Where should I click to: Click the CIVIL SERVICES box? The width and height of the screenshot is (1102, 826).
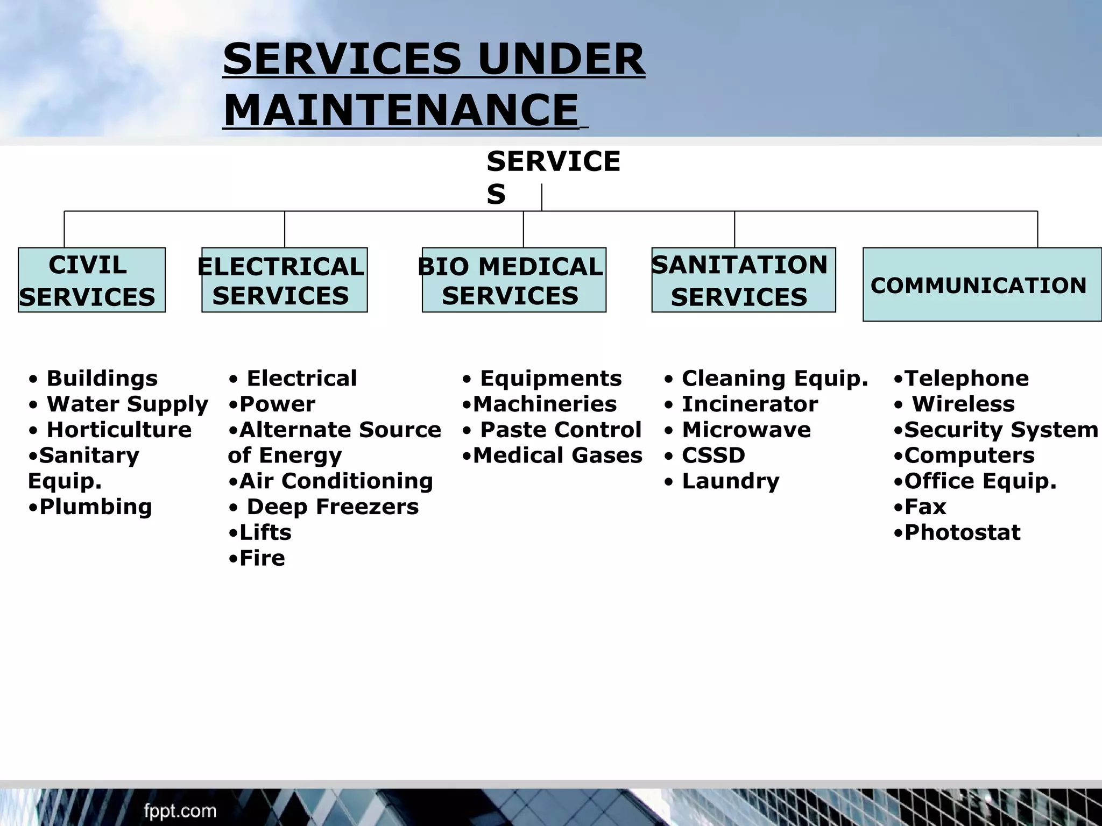pyautogui.click(x=91, y=280)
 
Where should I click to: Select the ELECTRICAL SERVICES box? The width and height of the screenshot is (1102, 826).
pyautogui.click(x=284, y=280)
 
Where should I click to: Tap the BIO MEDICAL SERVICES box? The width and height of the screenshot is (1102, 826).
pyautogui.click(x=514, y=280)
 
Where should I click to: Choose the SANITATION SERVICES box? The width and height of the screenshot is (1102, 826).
pyautogui.click(x=743, y=280)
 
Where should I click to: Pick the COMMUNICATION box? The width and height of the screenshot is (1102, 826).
pyautogui.click(x=981, y=285)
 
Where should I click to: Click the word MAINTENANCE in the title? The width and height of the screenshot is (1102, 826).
pyautogui.click(x=401, y=110)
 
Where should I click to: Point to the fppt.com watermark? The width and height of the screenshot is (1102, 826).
pyautogui.click(x=180, y=810)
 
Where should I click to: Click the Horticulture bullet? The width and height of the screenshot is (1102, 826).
pyautogui.click(x=118, y=430)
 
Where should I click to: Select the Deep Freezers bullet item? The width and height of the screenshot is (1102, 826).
pyautogui.click(x=332, y=507)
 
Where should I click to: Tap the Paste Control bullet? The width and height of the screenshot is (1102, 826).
pyautogui.click(x=560, y=430)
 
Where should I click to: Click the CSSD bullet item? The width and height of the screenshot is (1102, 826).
pyautogui.click(x=713, y=455)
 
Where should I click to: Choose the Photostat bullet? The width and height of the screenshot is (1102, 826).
pyautogui.click(x=962, y=532)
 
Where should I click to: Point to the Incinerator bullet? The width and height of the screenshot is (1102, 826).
pyautogui.click(x=749, y=404)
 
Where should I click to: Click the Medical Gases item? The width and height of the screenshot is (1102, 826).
pyautogui.click(x=557, y=455)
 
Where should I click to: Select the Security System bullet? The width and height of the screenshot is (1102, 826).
pyautogui.click(x=1000, y=430)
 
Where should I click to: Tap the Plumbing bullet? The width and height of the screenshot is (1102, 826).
pyautogui.click(x=95, y=507)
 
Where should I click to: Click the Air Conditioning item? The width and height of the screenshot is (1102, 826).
pyautogui.click(x=335, y=481)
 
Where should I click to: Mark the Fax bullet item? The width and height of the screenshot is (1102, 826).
pyautogui.click(x=924, y=507)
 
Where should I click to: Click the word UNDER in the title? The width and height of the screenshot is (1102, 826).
pyautogui.click(x=561, y=59)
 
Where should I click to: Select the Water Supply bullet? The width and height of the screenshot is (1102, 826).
pyautogui.click(x=127, y=404)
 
